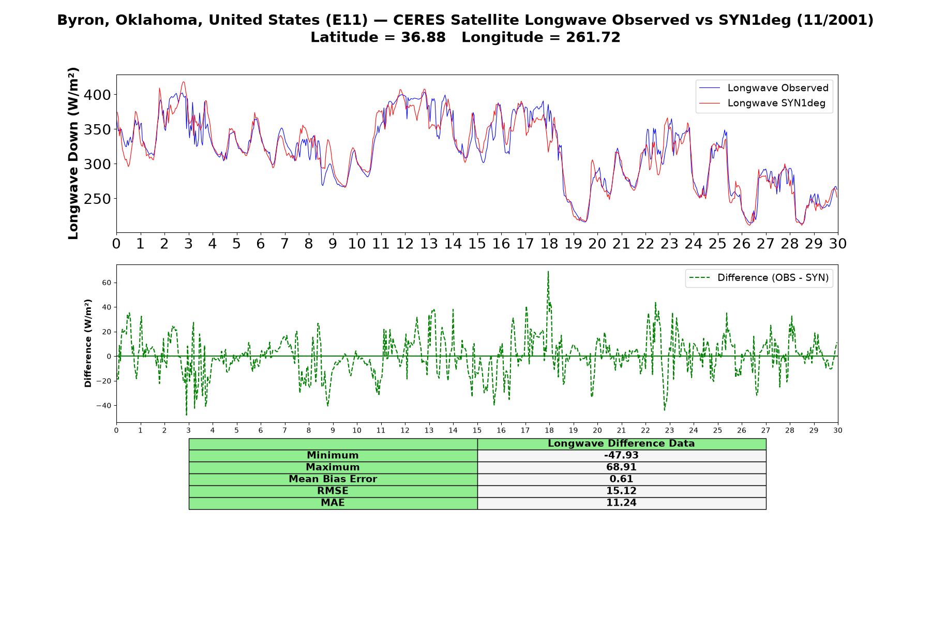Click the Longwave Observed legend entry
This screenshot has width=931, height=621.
click(x=764, y=88)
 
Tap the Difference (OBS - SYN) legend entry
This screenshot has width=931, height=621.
click(x=759, y=278)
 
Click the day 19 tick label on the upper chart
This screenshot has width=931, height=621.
click(x=573, y=244)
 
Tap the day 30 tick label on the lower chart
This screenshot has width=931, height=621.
click(x=838, y=430)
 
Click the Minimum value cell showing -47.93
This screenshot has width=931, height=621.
click(x=621, y=455)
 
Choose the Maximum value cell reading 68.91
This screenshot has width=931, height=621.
click(x=621, y=467)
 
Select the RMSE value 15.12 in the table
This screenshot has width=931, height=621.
click(x=621, y=491)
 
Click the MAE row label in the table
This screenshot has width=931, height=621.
click(x=333, y=503)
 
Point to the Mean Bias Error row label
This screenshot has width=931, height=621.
click(x=333, y=479)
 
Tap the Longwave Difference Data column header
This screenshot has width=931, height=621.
click(x=621, y=443)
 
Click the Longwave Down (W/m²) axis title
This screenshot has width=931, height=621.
click(x=73, y=154)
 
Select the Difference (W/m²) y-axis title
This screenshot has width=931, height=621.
click(x=88, y=343)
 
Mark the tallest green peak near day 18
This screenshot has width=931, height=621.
click(x=548, y=271)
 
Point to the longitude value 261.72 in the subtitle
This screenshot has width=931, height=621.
click(x=593, y=37)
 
